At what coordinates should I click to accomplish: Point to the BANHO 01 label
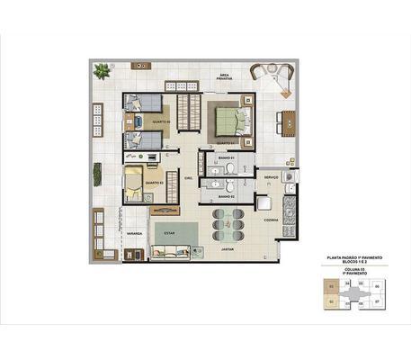[x=227, y=158]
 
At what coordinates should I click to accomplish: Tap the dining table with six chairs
[x=227, y=220]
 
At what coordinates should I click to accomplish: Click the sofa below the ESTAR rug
[x=170, y=252]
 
